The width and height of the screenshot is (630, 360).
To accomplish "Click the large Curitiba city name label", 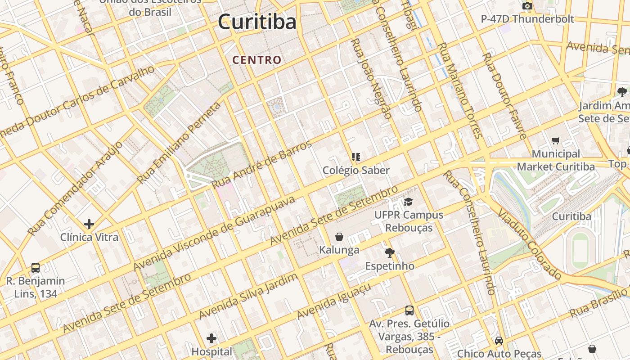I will (x=257, y=22).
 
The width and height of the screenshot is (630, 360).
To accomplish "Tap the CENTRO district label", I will (x=257, y=60).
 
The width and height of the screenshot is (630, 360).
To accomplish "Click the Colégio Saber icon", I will (x=356, y=157).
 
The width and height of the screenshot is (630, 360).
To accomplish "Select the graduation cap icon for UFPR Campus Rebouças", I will (x=408, y=202).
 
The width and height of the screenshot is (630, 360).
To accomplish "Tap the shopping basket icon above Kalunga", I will (x=339, y=237).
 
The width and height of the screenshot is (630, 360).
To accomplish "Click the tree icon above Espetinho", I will (x=390, y=253).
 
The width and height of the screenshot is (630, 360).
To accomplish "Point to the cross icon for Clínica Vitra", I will (x=89, y=224).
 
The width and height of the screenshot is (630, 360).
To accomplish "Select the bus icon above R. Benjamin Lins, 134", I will (x=36, y=268).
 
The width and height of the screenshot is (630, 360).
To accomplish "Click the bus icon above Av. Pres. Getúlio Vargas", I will (x=409, y=310).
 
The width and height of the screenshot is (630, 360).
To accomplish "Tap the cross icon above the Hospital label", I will (x=211, y=338).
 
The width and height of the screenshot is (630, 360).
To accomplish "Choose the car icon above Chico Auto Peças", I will (x=499, y=341).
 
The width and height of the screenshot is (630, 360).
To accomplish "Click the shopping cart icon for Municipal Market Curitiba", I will (x=556, y=141).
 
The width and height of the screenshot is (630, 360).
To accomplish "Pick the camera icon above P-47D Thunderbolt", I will (x=527, y=6).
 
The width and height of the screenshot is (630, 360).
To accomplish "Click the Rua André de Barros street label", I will (x=261, y=165).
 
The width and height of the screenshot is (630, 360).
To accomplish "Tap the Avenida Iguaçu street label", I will (x=334, y=301).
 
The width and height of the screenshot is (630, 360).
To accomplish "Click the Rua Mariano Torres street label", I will (x=460, y=90).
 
